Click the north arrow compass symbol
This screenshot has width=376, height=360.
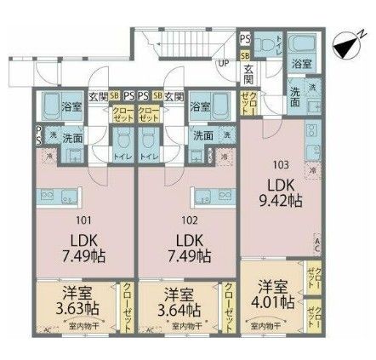[x=347, y=45]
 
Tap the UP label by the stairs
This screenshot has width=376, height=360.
[x=225, y=63]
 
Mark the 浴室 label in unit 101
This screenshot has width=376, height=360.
[x=70, y=106]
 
